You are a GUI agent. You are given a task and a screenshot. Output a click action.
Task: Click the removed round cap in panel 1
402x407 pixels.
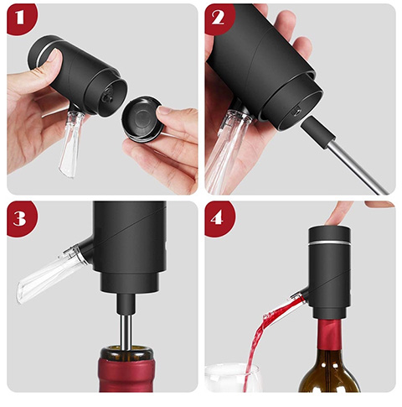(142, 118)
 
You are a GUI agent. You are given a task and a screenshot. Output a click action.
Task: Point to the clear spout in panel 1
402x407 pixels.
(70, 143)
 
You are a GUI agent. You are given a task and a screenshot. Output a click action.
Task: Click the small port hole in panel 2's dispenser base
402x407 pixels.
(296, 112)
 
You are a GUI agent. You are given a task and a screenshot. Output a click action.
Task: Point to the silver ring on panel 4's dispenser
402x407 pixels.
(329, 243)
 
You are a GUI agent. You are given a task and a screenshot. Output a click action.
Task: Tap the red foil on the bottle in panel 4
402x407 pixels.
(329, 334)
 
